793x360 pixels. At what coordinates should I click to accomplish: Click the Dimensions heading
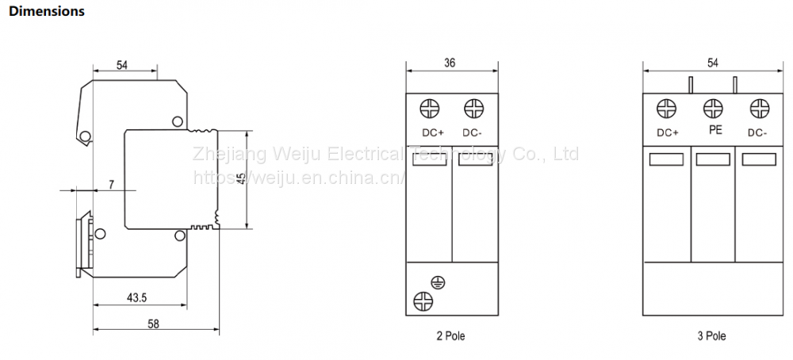(46, 12)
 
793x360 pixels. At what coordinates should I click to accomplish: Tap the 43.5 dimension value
(138, 297)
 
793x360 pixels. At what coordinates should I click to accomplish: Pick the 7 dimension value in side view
(111, 185)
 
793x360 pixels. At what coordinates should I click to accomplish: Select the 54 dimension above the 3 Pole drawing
(712, 63)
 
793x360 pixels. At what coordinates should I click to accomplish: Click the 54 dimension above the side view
(122, 66)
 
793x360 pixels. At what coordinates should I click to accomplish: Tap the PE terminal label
(714, 130)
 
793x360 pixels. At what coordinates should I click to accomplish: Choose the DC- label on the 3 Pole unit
(757, 132)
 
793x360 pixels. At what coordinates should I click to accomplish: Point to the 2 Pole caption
(450, 336)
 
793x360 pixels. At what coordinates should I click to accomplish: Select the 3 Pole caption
(711, 336)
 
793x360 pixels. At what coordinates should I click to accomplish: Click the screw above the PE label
(713, 108)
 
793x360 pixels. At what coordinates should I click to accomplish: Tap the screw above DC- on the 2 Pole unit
(473, 109)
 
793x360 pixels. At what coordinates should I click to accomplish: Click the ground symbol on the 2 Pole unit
(436, 281)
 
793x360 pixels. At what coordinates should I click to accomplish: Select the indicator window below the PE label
(713, 159)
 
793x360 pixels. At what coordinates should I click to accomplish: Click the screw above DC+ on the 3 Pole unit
(668, 109)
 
